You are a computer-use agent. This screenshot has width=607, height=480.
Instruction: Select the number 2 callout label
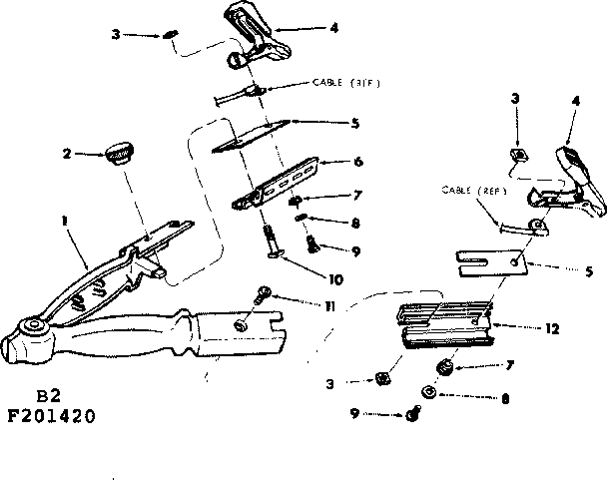tap(66, 153)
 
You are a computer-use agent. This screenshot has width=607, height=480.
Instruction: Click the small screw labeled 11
tap(262, 294)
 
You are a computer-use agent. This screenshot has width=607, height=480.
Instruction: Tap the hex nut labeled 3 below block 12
tap(380, 378)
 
